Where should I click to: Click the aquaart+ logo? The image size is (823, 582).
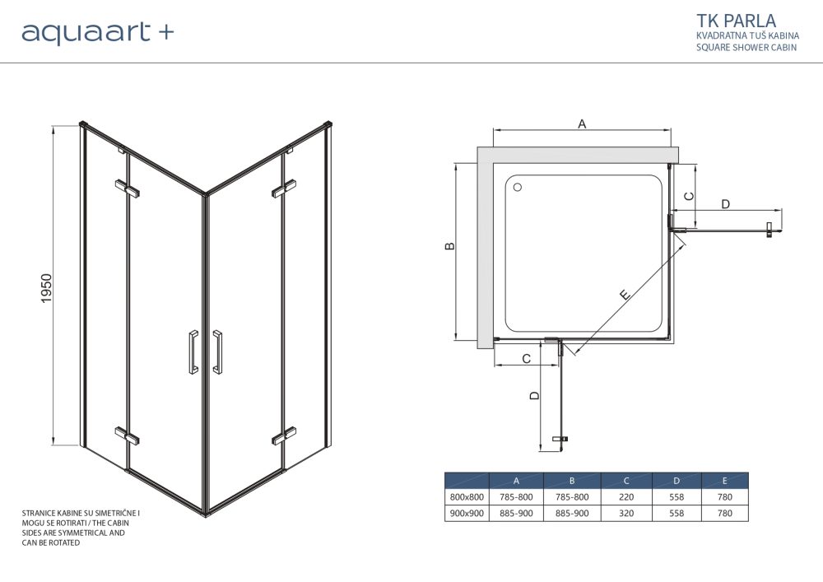point(97,32)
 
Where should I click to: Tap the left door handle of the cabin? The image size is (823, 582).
point(193,352)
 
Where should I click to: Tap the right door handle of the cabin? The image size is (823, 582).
point(218,352)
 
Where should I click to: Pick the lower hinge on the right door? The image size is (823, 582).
point(284,435)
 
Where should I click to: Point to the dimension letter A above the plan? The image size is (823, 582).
point(582,124)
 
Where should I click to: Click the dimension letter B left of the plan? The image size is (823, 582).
point(449,246)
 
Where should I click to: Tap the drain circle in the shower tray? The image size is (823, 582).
point(518,188)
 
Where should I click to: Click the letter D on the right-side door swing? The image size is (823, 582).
point(725,204)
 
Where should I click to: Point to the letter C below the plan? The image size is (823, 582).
point(524,358)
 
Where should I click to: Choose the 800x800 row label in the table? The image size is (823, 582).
point(466,496)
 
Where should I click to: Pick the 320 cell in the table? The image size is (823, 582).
point(625,513)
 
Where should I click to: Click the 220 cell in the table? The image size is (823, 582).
point(625,496)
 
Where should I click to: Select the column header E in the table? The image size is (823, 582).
point(724,481)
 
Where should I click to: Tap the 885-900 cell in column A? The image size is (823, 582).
point(516,513)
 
